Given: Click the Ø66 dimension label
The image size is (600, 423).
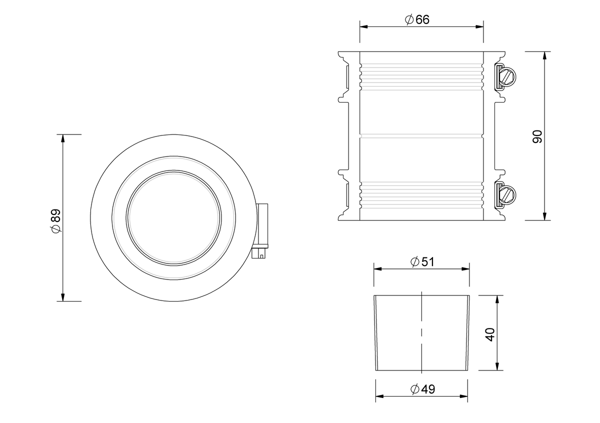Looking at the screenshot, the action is [417, 19].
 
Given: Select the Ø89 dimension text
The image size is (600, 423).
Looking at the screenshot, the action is [56, 220].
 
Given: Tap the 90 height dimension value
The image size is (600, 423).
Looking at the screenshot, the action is [537, 136].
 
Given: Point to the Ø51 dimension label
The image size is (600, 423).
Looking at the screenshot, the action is [422, 261].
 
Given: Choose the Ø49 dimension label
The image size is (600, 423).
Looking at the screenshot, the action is [422, 389].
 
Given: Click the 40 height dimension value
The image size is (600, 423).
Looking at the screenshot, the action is [490, 334].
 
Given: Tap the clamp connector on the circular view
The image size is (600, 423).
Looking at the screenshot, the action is [260, 231].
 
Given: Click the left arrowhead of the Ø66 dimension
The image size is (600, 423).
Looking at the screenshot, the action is [364, 27].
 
